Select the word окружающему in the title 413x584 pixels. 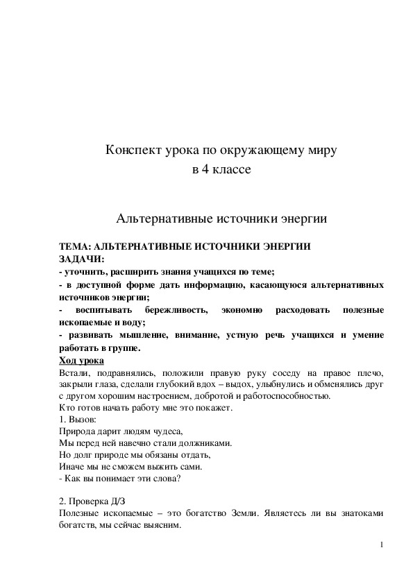tap(262, 150)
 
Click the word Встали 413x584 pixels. tap(74, 372)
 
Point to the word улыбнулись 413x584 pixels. tap(272, 385)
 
